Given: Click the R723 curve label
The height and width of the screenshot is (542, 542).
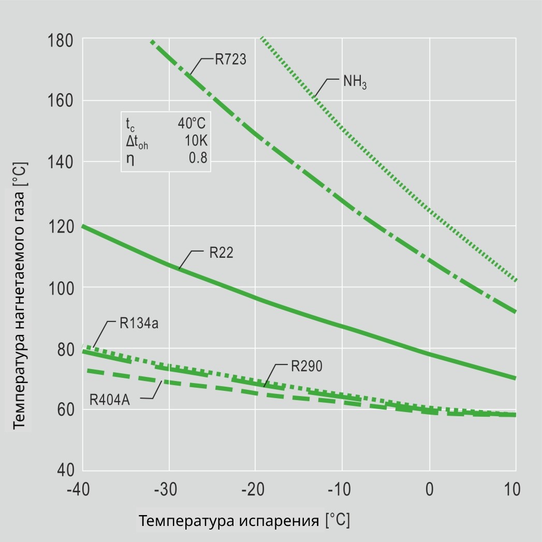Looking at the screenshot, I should point(231,58).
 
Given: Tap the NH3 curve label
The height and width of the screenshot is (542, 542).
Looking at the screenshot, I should point(355,82).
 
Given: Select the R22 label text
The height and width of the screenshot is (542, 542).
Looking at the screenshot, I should point(221,253).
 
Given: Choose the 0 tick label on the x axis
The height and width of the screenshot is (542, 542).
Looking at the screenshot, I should point(429,489).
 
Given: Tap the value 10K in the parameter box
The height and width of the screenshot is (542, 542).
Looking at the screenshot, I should point(196,141).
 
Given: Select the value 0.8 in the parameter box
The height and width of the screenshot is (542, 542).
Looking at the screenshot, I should point(198,158).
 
